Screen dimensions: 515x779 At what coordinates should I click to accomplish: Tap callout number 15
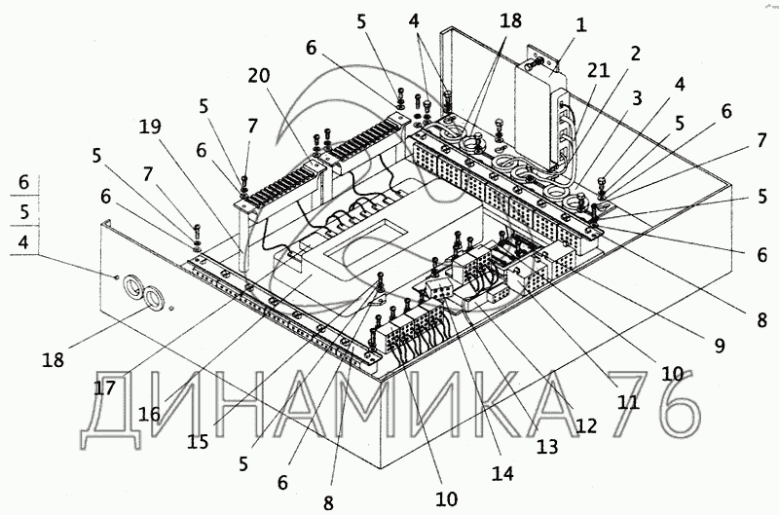pos(199,440)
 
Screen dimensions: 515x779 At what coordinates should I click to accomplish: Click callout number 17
pos(105,387)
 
